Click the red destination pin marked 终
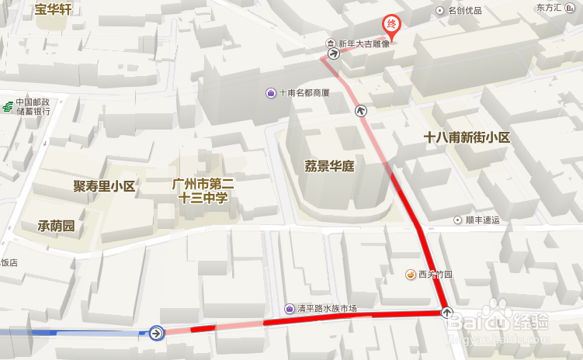(x=392, y=25)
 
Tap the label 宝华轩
(x=54, y=10)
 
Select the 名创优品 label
(x=464, y=11)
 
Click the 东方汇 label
(x=549, y=8)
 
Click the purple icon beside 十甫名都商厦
(x=270, y=93)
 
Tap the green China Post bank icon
(x=7, y=106)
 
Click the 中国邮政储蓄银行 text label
(x=33, y=106)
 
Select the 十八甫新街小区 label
(x=467, y=137)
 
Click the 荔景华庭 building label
(x=329, y=165)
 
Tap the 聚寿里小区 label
(x=104, y=186)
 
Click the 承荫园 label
(x=56, y=226)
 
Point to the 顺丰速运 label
(x=482, y=220)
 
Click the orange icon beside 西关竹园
(x=411, y=274)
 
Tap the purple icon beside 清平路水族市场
(x=289, y=309)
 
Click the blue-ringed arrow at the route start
(x=156, y=333)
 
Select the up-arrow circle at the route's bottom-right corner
(x=447, y=313)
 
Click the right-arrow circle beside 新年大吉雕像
(x=333, y=54)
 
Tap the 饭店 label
(x=9, y=263)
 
